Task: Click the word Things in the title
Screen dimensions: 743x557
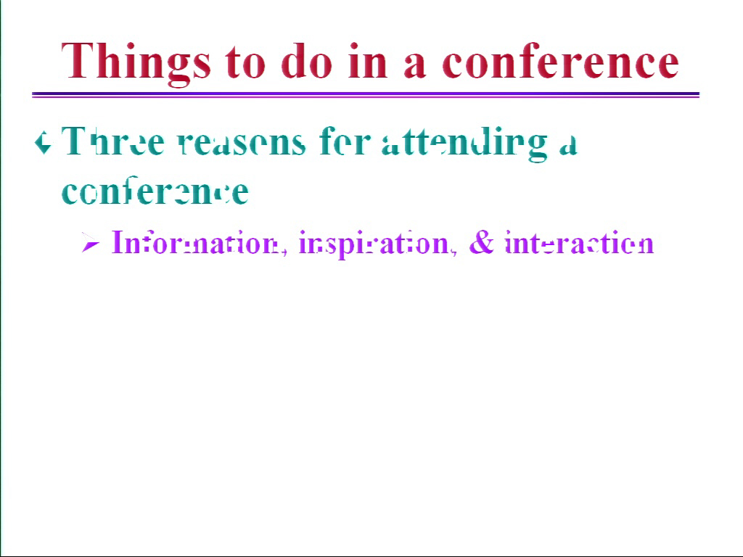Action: pos(136,64)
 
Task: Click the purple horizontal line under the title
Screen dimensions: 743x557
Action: pos(366,95)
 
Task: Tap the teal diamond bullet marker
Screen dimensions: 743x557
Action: pos(43,143)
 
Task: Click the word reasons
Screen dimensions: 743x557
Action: pos(242,143)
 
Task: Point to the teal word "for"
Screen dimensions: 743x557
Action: pos(345,141)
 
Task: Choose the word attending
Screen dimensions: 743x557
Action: pos(464,144)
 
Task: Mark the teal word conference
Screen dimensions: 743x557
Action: pos(155,191)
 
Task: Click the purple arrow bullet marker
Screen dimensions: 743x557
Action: pos(90,243)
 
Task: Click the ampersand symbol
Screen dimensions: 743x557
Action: pos(482,242)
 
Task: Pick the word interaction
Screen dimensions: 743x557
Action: pos(580,243)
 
